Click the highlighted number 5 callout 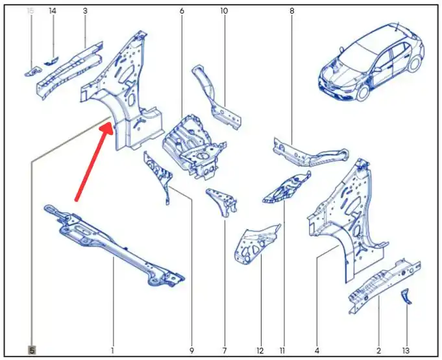(32, 350)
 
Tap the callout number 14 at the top (53, 11)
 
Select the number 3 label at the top (85, 11)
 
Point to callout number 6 (182, 11)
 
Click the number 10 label (224, 11)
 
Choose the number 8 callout (292, 11)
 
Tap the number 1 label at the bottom (112, 350)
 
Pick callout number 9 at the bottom (191, 350)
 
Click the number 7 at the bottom (225, 350)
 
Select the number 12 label (260, 350)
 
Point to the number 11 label (282, 350)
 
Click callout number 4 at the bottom (317, 350)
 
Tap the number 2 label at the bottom (378, 350)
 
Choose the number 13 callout (406, 350)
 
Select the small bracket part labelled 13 (406, 296)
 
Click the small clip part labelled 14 (51, 60)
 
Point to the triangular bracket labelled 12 (255, 245)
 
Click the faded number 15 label (30, 11)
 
